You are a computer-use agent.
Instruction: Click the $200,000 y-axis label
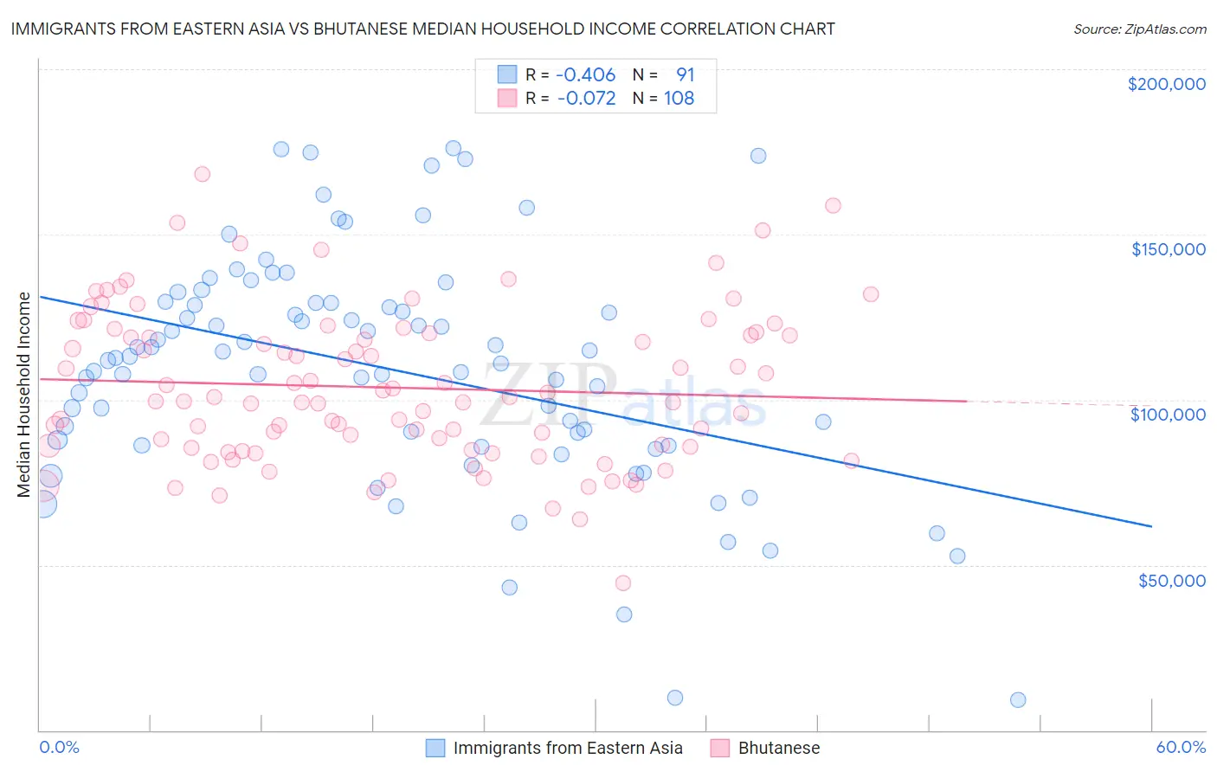pos(1166,84)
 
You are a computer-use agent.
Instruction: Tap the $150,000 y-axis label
pos(1168,249)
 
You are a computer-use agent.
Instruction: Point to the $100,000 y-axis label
pos(1168,415)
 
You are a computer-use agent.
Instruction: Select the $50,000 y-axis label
pos(1171,581)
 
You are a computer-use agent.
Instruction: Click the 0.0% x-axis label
pos(59,748)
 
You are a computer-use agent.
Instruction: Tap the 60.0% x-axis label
pos(1181,748)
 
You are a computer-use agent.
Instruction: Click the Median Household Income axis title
pos(23,395)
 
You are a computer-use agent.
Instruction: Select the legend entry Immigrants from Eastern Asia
pos(568,749)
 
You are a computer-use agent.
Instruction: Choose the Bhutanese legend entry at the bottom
pos(778,749)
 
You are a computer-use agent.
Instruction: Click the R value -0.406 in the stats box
pos(585,75)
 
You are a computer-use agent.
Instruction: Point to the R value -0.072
pos(586,99)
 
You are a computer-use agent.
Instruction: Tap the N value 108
pos(679,99)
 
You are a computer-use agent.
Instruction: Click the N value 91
pos(685,75)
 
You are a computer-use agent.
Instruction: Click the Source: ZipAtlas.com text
pos(1139,29)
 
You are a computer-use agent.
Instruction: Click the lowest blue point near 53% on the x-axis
pos(1018,700)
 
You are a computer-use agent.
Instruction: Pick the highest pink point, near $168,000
pos(202,174)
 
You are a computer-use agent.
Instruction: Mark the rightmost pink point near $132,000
pos(871,294)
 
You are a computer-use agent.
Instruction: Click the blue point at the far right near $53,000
pos(957,556)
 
